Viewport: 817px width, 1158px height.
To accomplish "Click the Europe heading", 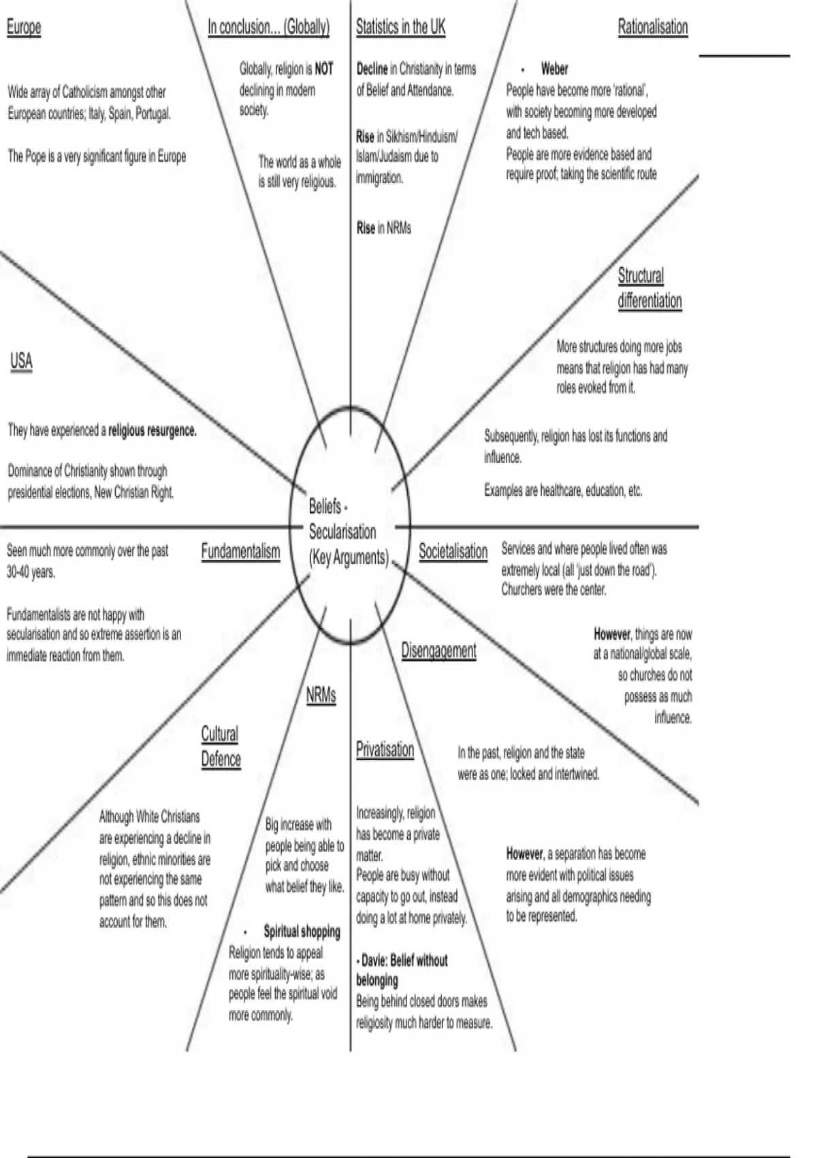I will pos(24,27).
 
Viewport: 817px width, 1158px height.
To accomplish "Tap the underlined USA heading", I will pos(21,360).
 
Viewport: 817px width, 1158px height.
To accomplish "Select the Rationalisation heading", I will pos(652,27).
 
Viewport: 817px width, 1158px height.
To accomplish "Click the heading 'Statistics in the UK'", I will pos(400,27).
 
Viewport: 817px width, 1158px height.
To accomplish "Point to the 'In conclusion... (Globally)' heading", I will pos(268,27).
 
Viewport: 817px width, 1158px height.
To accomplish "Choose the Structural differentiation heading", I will pos(650,288).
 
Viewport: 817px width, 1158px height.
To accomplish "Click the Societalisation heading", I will pos(453,551).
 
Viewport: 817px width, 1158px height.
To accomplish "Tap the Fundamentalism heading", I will pos(240,551).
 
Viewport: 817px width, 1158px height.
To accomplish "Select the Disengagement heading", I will pos(438,651).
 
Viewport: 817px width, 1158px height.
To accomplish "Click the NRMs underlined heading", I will pos(321,695).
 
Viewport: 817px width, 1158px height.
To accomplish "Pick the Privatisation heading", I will pos(385,749).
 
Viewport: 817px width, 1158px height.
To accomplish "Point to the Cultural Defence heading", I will pos(221,747).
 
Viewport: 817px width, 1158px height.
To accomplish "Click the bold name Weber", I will pos(554,69).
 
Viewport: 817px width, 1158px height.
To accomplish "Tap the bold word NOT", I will pos(324,69).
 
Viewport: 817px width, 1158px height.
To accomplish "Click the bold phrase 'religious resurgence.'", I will pos(153,431).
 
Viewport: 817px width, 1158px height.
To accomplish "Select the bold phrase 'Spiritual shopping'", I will pos(302,931).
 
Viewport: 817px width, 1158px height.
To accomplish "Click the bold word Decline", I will pos(372,69).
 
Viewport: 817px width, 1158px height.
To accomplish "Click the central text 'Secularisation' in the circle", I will pos(342,531).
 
